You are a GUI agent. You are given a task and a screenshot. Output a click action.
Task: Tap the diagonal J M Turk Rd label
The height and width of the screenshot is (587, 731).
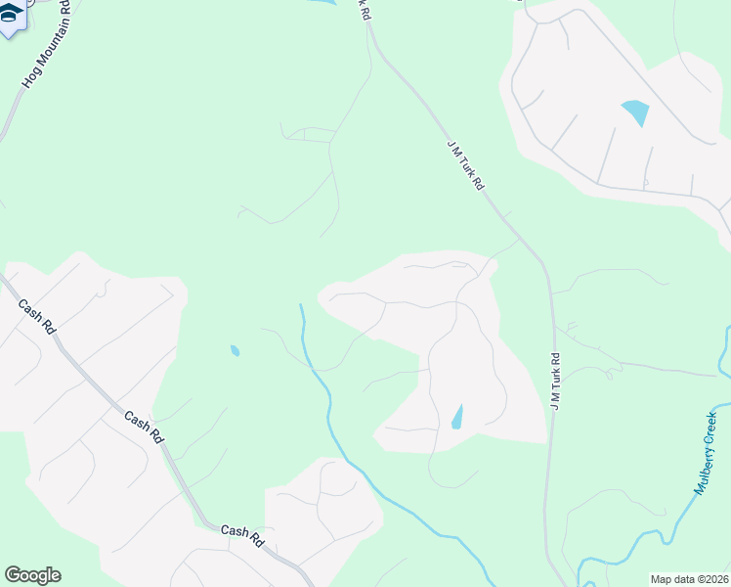pyautogui.click(x=466, y=163)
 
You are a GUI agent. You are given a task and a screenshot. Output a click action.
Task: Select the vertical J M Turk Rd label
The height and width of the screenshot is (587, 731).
pyautogui.click(x=555, y=381)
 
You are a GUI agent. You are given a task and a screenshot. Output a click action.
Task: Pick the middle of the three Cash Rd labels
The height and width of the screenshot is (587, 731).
pyautogui.click(x=143, y=428)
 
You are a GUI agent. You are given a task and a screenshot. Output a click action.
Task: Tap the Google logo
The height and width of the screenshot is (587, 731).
pyautogui.click(x=32, y=575)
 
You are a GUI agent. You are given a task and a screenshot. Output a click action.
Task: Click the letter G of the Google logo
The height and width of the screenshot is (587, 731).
pyautogui.click(x=12, y=575)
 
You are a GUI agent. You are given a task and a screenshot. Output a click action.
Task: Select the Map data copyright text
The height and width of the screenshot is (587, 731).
pyautogui.click(x=688, y=579)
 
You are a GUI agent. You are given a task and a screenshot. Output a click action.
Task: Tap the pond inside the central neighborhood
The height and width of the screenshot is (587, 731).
pyautogui.click(x=457, y=418)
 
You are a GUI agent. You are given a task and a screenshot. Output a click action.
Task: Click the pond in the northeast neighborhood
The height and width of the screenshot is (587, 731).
pyautogui.click(x=635, y=113)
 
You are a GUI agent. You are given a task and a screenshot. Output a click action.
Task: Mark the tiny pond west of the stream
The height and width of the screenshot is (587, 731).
pyautogui.click(x=235, y=350)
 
